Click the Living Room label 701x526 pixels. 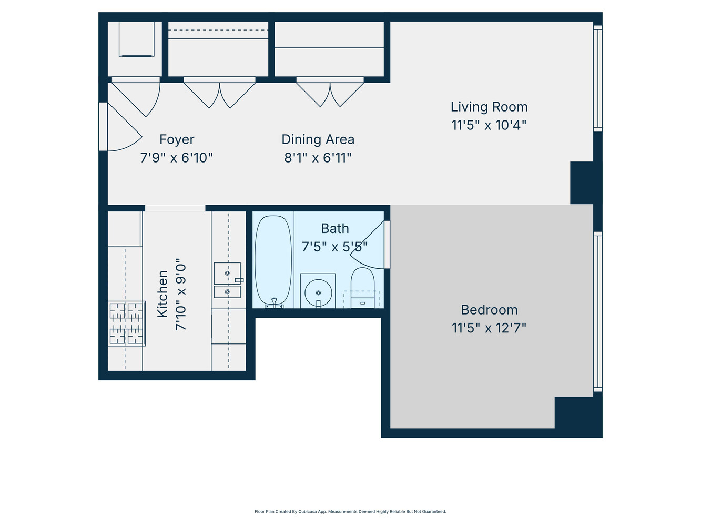click(x=489, y=107)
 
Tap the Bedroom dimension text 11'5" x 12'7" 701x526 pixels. click(x=489, y=328)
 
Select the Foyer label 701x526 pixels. click(x=177, y=139)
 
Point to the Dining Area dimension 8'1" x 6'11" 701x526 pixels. click(x=318, y=158)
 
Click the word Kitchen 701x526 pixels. click(x=162, y=294)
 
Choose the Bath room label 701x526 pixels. click(x=334, y=229)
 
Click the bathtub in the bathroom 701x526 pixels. click(x=273, y=260)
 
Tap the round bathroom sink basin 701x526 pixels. click(x=318, y=292)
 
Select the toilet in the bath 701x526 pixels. click(x=362, y=287)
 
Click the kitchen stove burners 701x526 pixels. click(x=126, y=323)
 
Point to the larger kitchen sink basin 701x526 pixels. click(x=227, y=273)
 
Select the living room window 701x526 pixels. click(x=598, y=78)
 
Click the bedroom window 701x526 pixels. click(x=598, y=312)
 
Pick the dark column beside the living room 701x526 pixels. click(x=582, y=183)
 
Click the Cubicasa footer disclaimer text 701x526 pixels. click(x=350, y=512)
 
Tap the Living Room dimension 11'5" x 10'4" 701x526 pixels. click(x=489, y=125)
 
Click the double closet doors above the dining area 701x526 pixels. click(x=330, y=92)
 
